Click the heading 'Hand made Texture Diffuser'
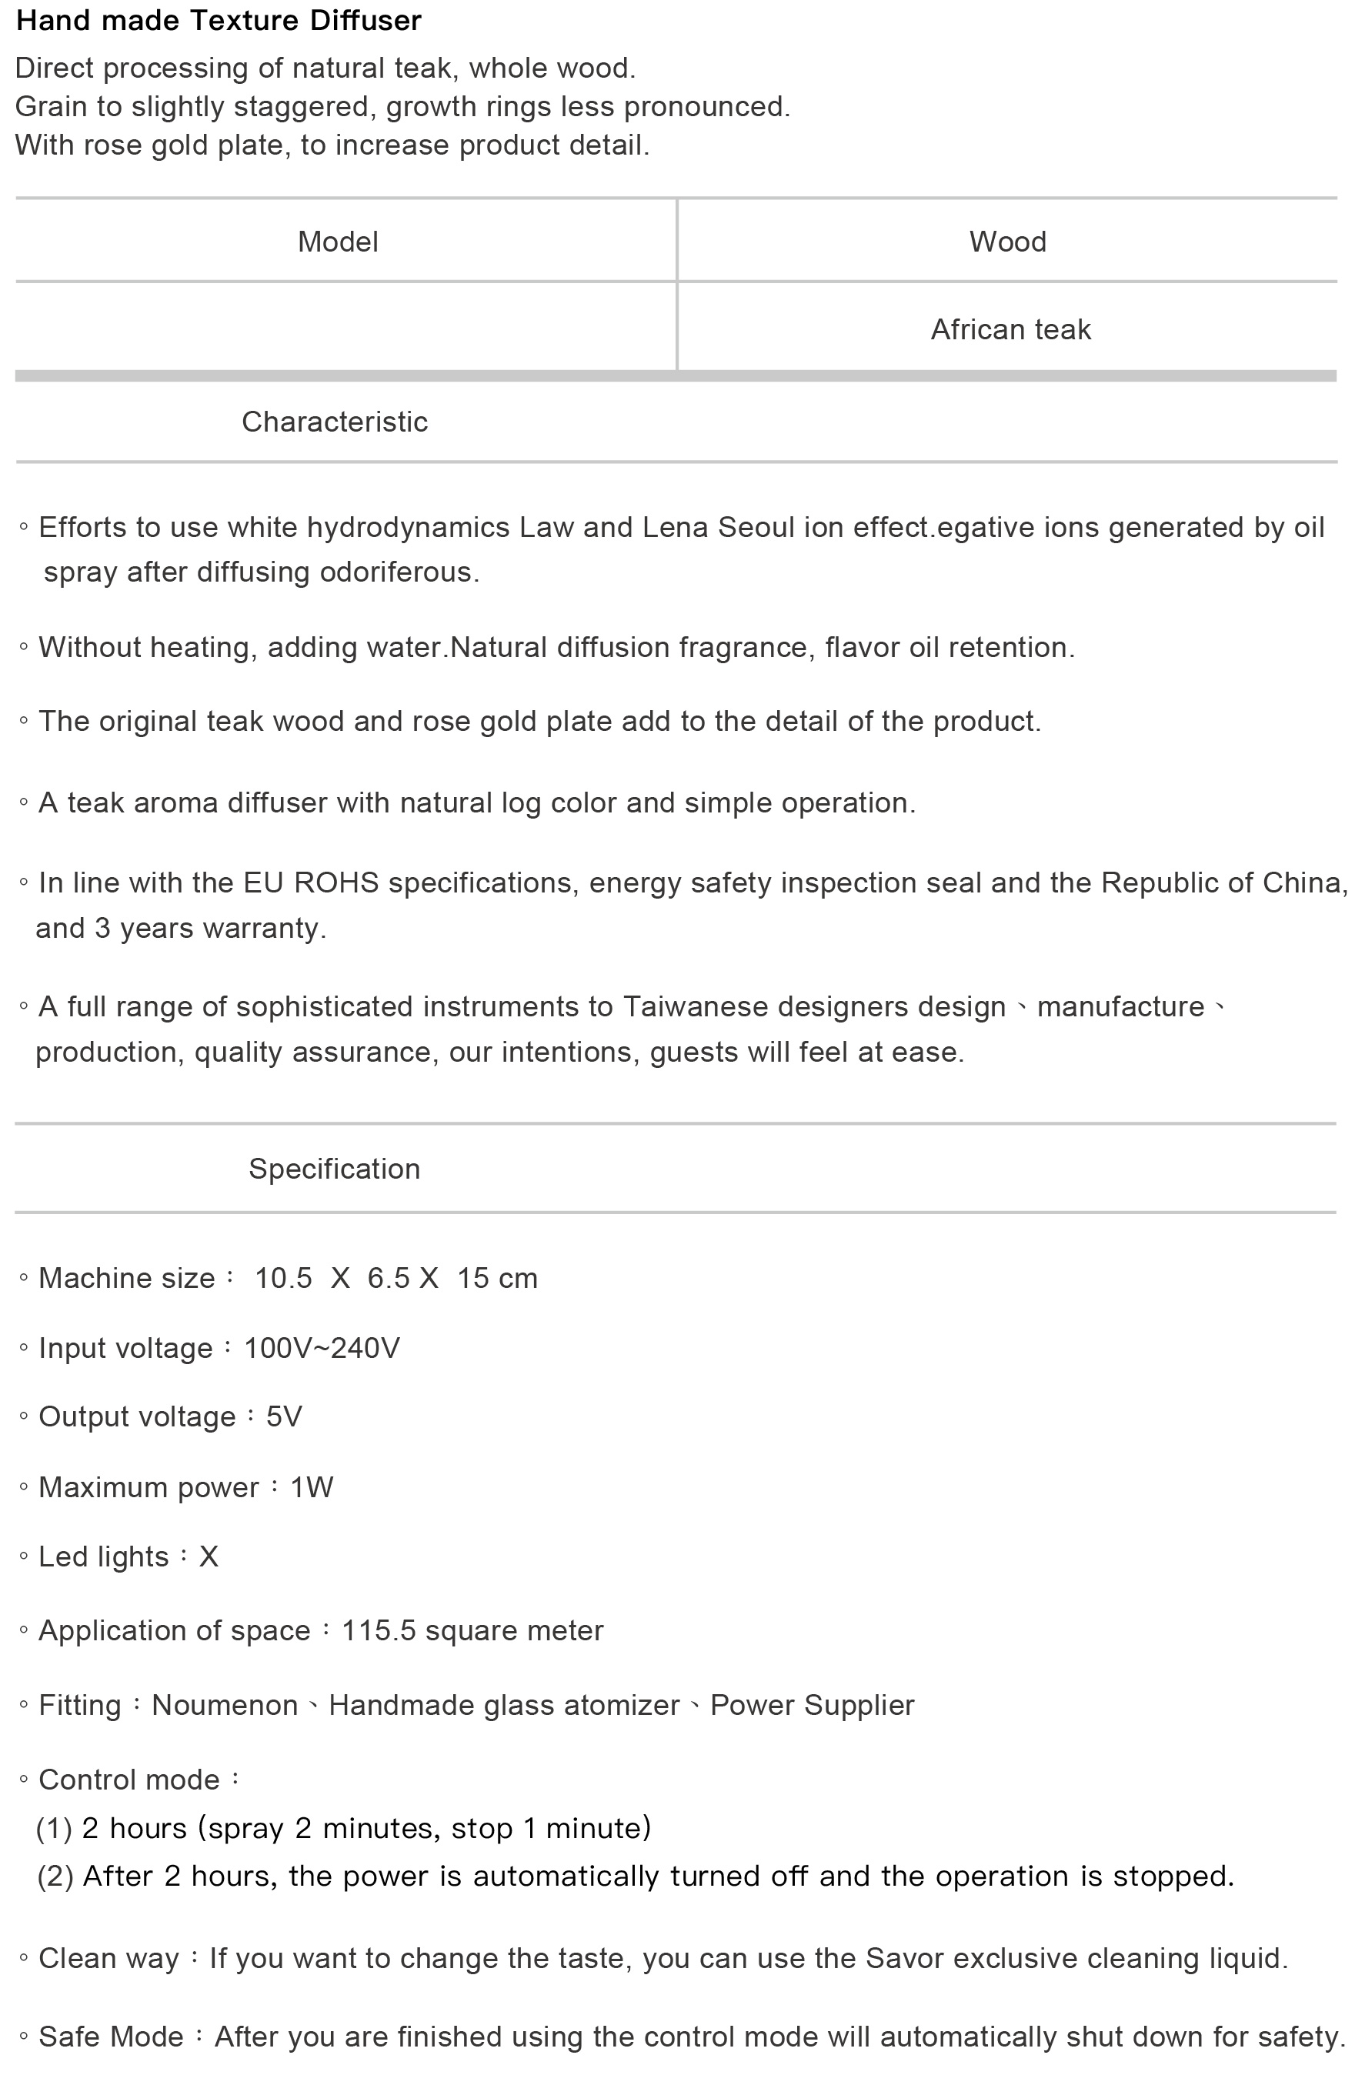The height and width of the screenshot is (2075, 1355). click(x=219, y=21)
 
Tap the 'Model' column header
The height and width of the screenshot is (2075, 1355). click(x=338, y=242)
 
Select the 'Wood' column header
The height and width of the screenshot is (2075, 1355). click(x=1007, y=242)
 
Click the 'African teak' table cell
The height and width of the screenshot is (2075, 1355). click(x=1010, y=329)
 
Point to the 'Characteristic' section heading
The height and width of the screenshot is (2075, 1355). click(x=334, y=422)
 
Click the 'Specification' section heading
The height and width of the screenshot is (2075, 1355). click(x=334, y=1169)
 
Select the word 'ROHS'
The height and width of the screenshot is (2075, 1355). click(x=335, y=883)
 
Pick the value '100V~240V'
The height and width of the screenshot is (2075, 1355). click(x=321, y=1349)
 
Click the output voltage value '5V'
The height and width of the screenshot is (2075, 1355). click(x=283, y=1416)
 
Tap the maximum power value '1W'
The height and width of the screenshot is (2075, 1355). click(x=312, y=1487)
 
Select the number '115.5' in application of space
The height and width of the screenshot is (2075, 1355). click(x=379, y=1631)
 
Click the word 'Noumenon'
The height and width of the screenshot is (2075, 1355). click(x=224, y=1706)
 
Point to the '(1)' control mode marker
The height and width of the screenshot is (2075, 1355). click(x=53, y=1828)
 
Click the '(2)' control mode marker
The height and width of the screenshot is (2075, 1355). click(x=55, y=1877)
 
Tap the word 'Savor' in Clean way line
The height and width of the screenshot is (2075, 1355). click(x=904, y=1959)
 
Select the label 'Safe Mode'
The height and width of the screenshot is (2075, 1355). click(x=111, y=2037)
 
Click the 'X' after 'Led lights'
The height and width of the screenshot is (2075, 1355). click(x=209, y=1557)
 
